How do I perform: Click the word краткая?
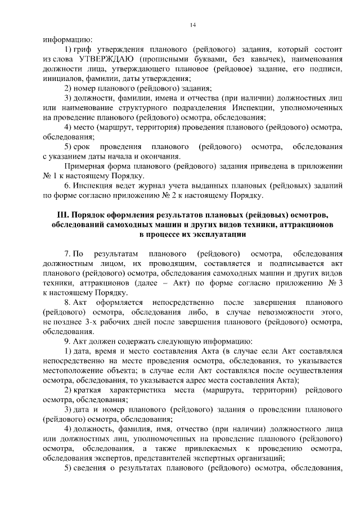pyautogui.click(x=91, y=390)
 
